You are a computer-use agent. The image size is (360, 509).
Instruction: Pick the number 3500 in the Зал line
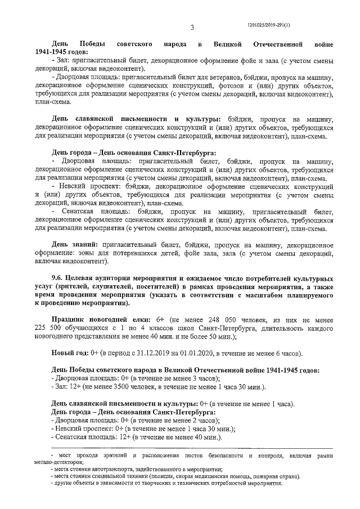[121, 388]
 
